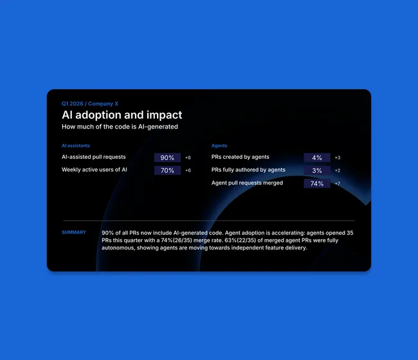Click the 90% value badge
pyautogui.click(x=167, y=157)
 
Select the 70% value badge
pyautogui.click(x=167, y=170)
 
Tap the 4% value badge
pyautogui.click(x=317, y=157)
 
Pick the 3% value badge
pyautogui.click(x=317, y=170)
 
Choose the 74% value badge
pyautogui.click(x=317, y=183)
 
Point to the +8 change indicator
pyautogui.click(x=188, y=157)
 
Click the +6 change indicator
pyautogui.click(x=188, y=170)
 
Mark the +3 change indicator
pyautogui.click(x=338, y=157)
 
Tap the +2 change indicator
pyautogui.click(x=338, y=170)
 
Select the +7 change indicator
pyautogui.click(x=338, y=183)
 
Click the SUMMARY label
pyautogui.click(x=74, y=232)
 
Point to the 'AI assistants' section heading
pyautogui.click(x=76, y=145)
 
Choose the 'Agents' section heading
pyautogui.click(x=219, y=145)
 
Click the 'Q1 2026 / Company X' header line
pyautogui.click(x=90, y=104)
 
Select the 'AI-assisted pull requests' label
pyautogui.click(x=94, y=157)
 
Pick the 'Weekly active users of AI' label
pyautogui.click(x=95, y=170)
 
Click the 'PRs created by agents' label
pyautogui.click(x=241, y=157)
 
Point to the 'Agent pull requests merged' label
pyautogui.click(x=247, y=183)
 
